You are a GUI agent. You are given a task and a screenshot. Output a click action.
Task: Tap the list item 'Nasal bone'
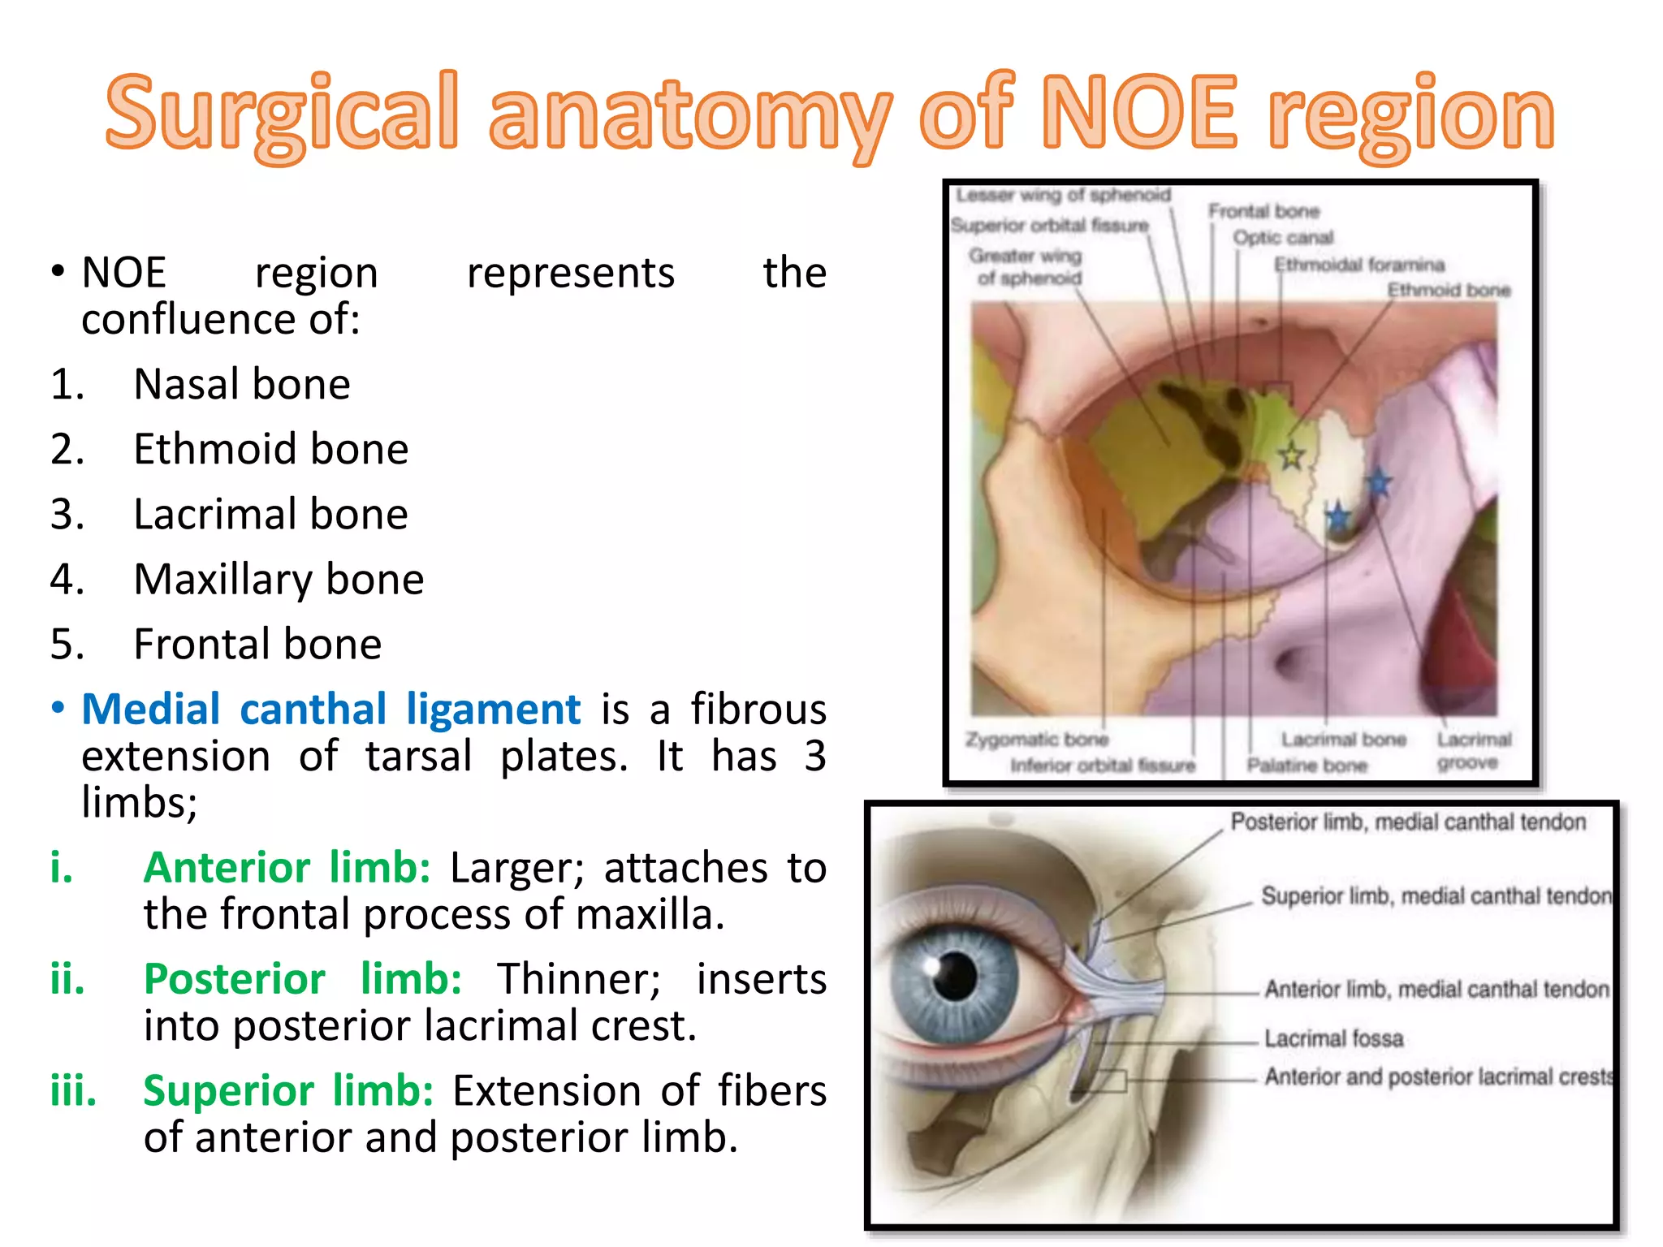point(241,384)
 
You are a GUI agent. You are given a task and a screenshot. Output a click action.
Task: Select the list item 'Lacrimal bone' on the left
point(270,515)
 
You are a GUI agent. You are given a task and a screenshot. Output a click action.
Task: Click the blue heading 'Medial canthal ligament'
point(331,710)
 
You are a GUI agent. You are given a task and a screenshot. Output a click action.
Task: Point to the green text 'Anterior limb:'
point(287,868)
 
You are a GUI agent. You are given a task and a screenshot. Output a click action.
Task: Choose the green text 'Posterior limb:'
point(302,979)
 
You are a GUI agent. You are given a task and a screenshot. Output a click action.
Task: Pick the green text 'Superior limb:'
point(288,1090)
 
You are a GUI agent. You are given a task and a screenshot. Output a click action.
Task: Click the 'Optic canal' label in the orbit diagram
point(1283,238)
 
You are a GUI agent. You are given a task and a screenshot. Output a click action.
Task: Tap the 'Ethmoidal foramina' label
point(1358,265)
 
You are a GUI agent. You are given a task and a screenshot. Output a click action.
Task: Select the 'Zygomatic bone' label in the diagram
point(1037,740)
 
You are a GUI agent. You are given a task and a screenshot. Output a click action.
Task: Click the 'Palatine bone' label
point(1307,766)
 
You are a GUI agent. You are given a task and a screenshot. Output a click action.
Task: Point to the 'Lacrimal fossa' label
point(1333,1038)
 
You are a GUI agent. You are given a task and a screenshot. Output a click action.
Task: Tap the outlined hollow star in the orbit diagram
point(1292,456)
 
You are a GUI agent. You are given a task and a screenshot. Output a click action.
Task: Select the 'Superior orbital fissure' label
point(1050,225)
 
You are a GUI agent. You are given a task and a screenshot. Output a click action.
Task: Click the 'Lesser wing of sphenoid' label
point(1063,195)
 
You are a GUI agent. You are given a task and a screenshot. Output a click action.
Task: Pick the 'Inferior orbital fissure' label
point(1103,766)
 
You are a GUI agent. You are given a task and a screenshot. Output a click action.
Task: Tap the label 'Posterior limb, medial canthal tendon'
point(1408,822)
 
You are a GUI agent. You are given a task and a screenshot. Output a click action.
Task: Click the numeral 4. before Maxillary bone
point(67,580)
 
